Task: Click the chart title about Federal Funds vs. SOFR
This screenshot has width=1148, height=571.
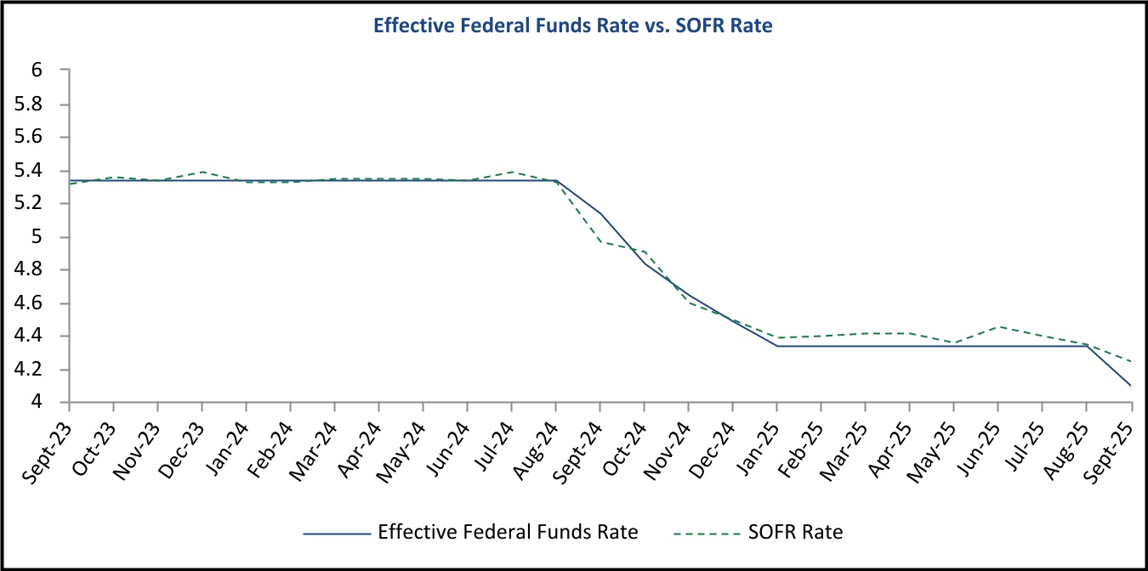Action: point(573,26)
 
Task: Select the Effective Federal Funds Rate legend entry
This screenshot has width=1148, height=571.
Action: point(507,533)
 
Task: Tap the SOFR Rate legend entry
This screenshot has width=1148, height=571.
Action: point(796,533)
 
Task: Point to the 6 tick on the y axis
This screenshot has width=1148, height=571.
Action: point(37,71)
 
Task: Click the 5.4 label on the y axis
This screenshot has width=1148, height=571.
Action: point(31,170)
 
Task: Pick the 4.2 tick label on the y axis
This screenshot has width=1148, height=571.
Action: point(31,370)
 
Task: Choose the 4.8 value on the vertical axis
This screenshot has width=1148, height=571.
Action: point(31,270)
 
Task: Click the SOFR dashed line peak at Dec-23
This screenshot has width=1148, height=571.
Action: point(202,172)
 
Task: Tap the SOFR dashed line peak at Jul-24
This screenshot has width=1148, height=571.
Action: point(512,172)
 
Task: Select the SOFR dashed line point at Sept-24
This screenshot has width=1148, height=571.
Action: point(600,241)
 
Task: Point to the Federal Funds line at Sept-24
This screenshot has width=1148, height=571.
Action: point(600,213)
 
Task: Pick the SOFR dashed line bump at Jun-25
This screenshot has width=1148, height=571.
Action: point(998,326)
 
